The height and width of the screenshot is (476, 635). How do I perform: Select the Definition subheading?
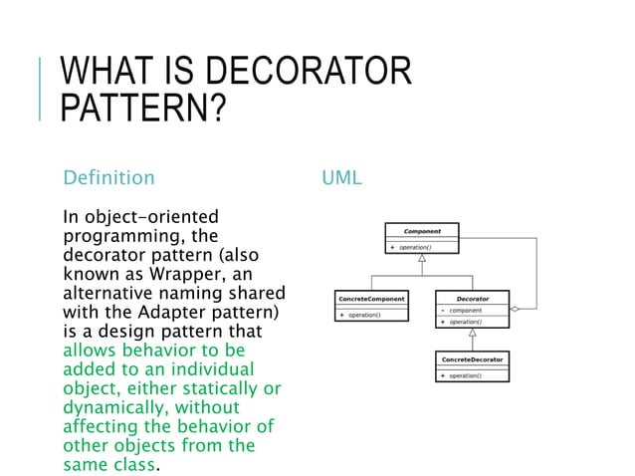(108, 178)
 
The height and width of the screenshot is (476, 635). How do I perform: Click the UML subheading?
(341, 178)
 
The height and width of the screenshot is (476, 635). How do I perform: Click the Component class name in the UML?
(422, 231)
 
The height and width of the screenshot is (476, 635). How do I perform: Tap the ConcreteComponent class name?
(372, 299)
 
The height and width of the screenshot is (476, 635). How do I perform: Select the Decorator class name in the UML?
(472, 299)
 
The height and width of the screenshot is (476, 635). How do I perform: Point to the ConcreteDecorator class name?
(472, 357)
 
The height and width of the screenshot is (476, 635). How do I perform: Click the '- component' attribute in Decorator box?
(464, 311)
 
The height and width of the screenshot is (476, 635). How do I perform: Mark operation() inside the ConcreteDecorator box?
(464, 375)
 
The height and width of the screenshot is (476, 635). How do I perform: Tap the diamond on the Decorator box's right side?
(515, 310)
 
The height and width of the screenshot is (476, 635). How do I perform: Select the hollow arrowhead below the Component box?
(422, 257)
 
